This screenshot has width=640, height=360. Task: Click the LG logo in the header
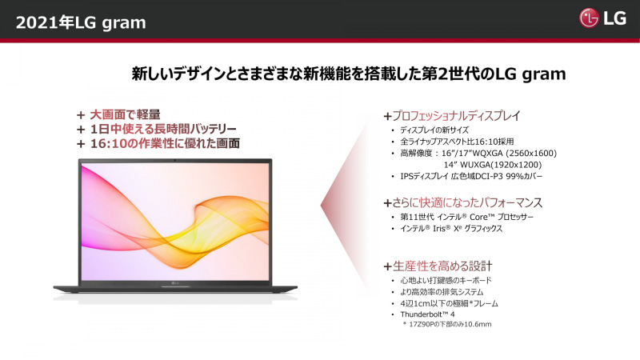tap(604, 18)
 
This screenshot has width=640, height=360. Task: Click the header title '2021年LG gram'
tap(81, 22)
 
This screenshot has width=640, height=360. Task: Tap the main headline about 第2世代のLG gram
tap(349, 74)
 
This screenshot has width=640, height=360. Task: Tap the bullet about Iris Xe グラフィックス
tap(451, 228)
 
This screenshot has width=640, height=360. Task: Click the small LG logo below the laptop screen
tap(175, 281)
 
